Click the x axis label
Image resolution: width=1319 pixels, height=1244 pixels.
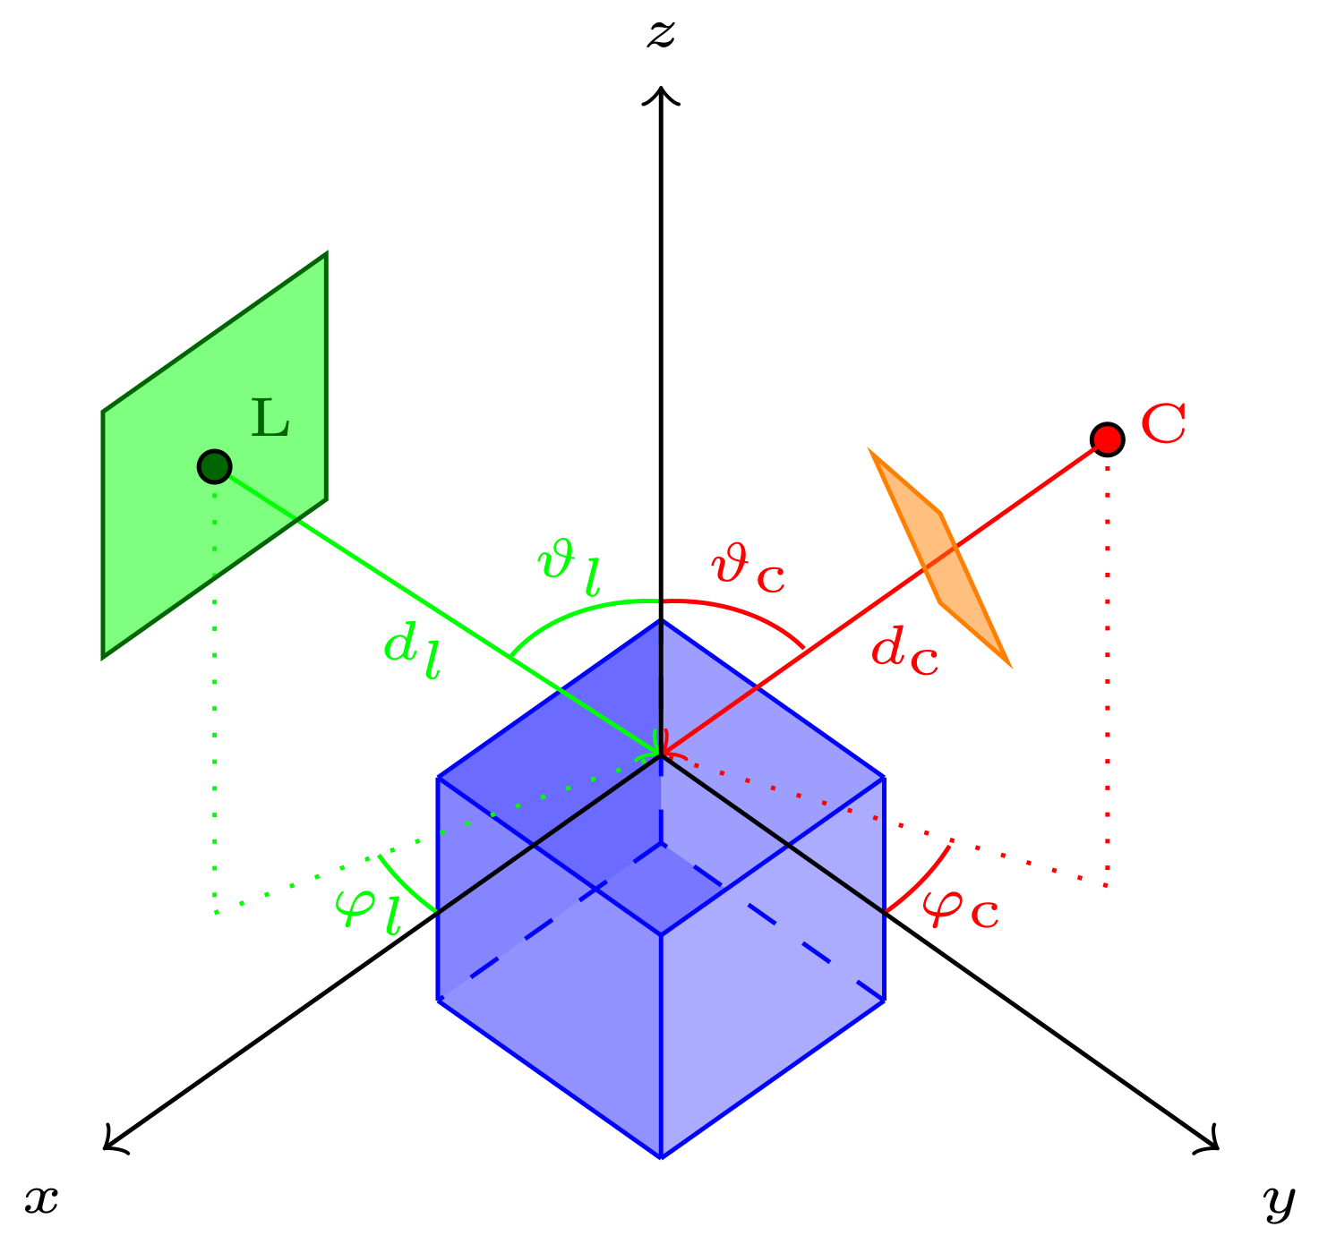pyautogui.click(x=41, y=1199)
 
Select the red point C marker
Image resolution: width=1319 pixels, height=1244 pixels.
pyautogui.click(x=1107, y=439)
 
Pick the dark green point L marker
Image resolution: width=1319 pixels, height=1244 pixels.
pyautogui.click(x=215, y=466)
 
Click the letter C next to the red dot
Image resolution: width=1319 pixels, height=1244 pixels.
pyautogui.click(x=1163, y=424)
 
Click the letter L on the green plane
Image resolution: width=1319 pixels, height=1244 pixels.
pyautogui.click(x=270, y=418)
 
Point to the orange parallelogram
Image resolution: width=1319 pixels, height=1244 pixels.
pyautogui.click(x=940, y=558)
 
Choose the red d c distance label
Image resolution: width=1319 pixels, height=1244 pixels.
pyautogui.click(x=904, y=651)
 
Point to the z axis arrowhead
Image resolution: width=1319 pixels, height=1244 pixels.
pyautogui.click(x=661, y=91)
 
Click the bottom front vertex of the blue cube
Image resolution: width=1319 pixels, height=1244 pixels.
pyautogui.click(x=661, y=1157)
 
